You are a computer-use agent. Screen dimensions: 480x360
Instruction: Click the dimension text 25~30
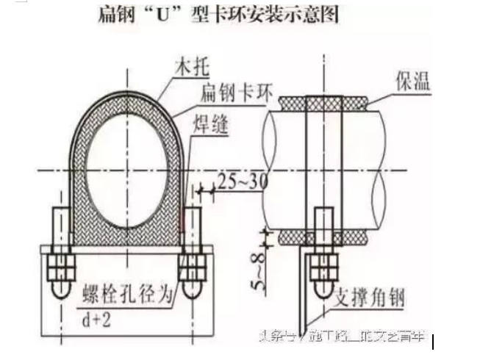click(243, 179)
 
